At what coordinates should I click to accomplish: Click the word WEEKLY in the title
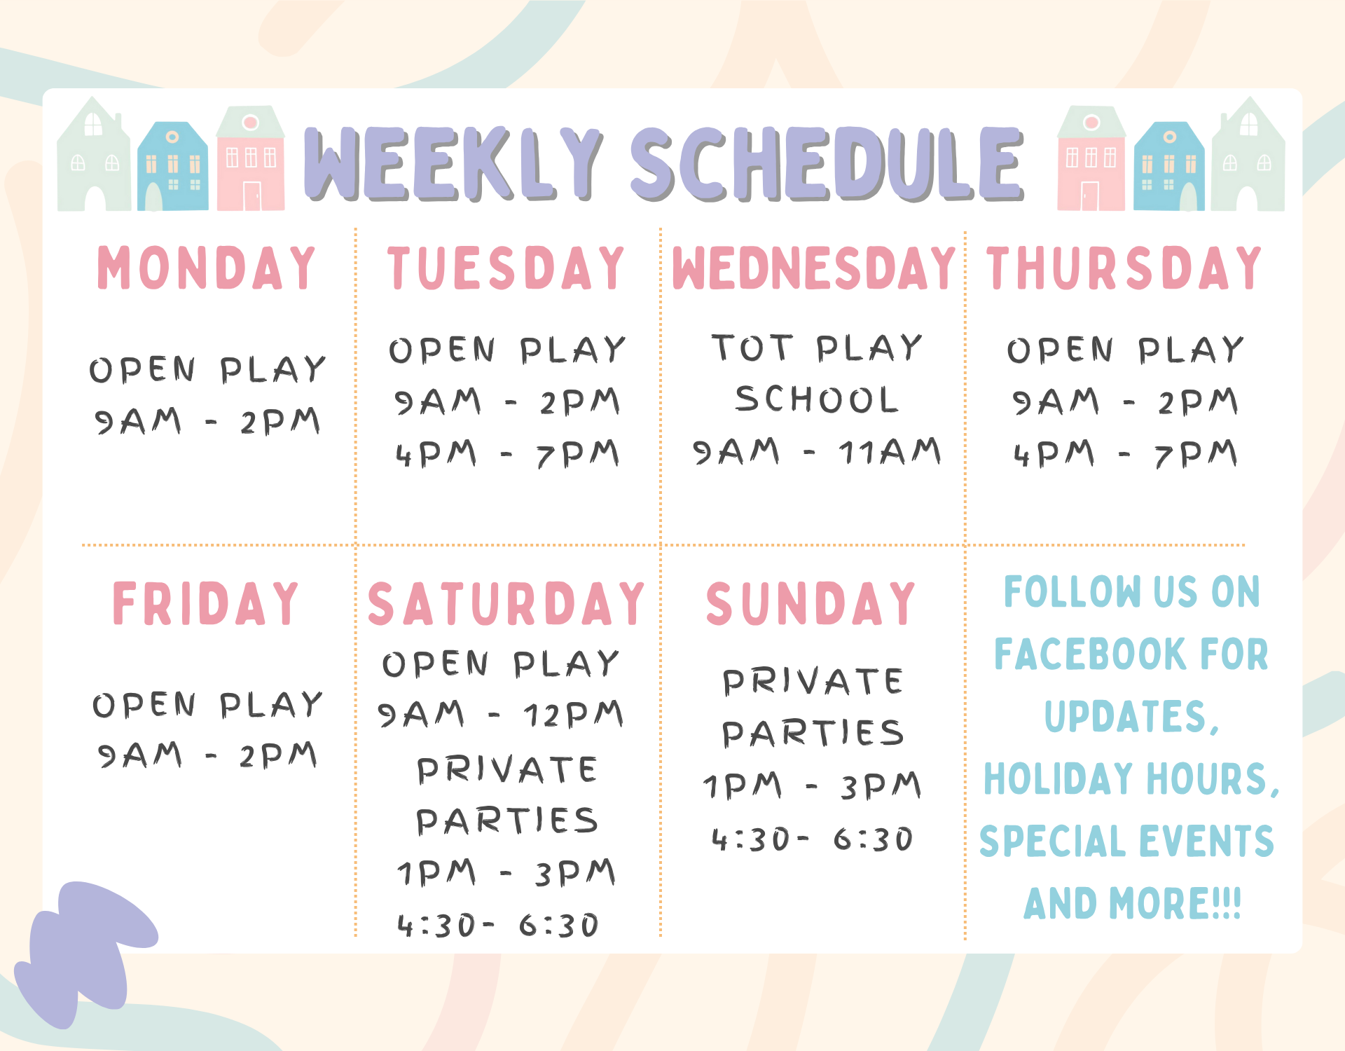(x=454, y=163)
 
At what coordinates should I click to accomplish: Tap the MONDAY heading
(x=207, y=268)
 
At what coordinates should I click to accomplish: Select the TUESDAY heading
(x=506, y=268)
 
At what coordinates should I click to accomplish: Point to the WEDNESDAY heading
(x=814, y=268)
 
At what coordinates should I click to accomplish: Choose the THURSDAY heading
(x=1124, y=268)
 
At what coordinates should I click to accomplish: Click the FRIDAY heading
(x=206, y=603)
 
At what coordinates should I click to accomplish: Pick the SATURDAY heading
(x=506, y=603)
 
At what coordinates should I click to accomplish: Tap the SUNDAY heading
(x=811, y=603)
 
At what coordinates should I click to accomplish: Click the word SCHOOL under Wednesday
(x=817, y=399)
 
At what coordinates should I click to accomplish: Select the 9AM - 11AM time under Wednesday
(x=817, y=451)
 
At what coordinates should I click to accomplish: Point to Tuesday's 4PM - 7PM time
(x=507, y=454)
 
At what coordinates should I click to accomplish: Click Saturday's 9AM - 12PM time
(x=500, y=715)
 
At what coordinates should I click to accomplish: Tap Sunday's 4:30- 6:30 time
(x=813, y=839)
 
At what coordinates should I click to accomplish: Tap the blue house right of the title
(x=1168, y=166)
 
